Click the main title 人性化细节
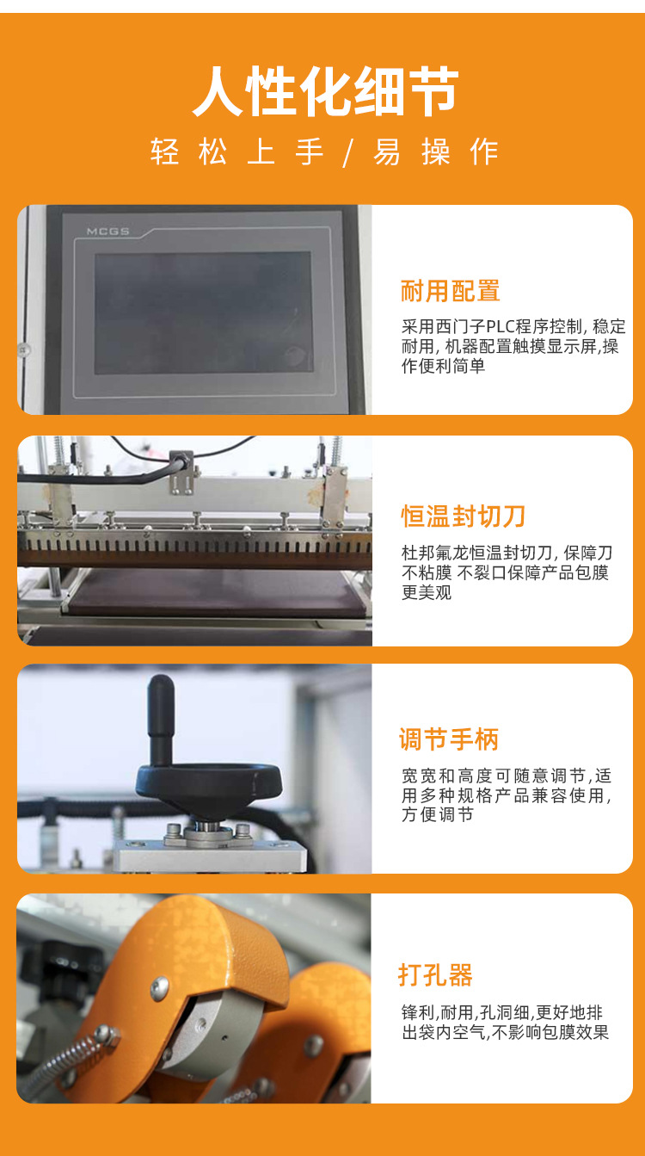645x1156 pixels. click(325, 91)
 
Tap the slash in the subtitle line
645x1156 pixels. click(348, 153)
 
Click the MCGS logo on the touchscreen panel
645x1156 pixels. click(107, 232)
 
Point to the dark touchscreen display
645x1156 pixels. click(203, 312)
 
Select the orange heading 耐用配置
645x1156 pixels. click(450, 291)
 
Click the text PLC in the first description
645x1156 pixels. click(502, 326)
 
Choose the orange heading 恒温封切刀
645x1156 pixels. click(463, 516)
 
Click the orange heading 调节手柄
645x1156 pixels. click(449, 739)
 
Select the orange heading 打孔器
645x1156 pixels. click(436, 975)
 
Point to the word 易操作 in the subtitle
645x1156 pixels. click(436, 152)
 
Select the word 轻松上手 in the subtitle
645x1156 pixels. click(236, 151)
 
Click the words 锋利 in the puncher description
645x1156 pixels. click(418, 1012)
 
